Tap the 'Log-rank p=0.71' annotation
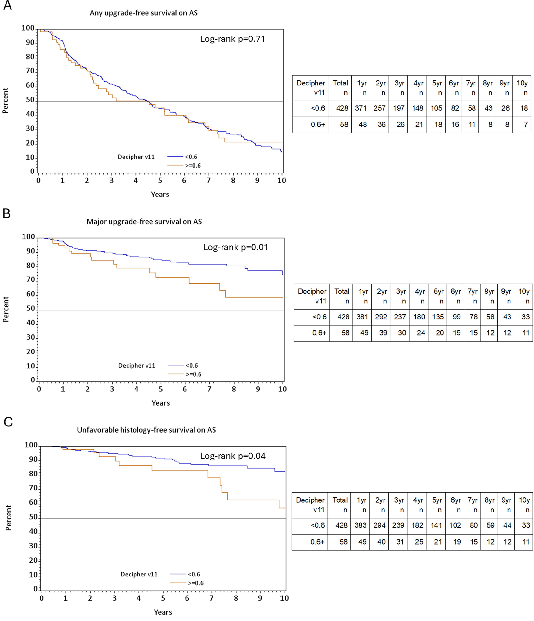pos(232,39)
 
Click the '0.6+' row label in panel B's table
pos(319,333)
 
